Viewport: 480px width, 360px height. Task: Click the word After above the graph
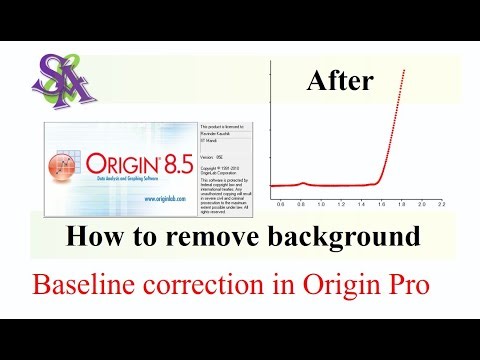[x=340, y=81]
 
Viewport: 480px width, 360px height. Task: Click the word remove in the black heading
[x=233, y=238]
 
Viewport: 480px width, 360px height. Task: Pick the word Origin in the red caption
[x=338, y=285]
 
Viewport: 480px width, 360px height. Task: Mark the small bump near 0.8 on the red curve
[x=301, y=183]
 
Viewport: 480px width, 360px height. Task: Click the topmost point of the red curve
[x=403, y=71]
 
